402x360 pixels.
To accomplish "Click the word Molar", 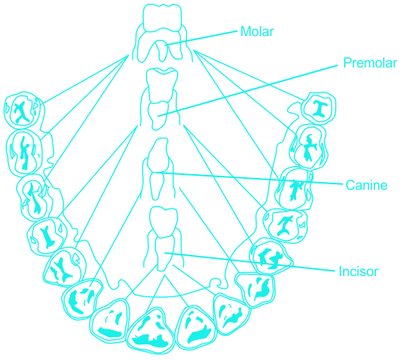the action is click(x=257, y=31).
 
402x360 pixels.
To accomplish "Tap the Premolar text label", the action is click(x=370, y=63).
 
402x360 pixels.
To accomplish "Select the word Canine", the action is click(x=367, y=185).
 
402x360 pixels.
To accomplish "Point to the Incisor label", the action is click(x=358, y=271).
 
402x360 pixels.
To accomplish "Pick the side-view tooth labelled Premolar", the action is click(x=160, y=99).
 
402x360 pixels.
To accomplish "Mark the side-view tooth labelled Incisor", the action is click(x=163, y=238).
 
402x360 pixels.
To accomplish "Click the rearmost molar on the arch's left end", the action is click(x=24, y=111).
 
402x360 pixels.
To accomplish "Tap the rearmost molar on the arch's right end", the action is click(x=319, y=107).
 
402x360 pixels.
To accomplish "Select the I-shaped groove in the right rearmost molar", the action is click(x=318, y=108).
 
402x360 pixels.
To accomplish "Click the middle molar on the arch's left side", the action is click(x=24, y=152).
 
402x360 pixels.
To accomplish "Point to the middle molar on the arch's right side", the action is click(x=309, y=147).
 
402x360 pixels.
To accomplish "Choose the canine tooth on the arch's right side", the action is click(x=255, y=289).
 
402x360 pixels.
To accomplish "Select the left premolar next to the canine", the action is click(x=65, y=267).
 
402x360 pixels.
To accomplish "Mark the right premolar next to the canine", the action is click(x=271, y=256).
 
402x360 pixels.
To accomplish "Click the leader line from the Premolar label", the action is click(x=248, y=90).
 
